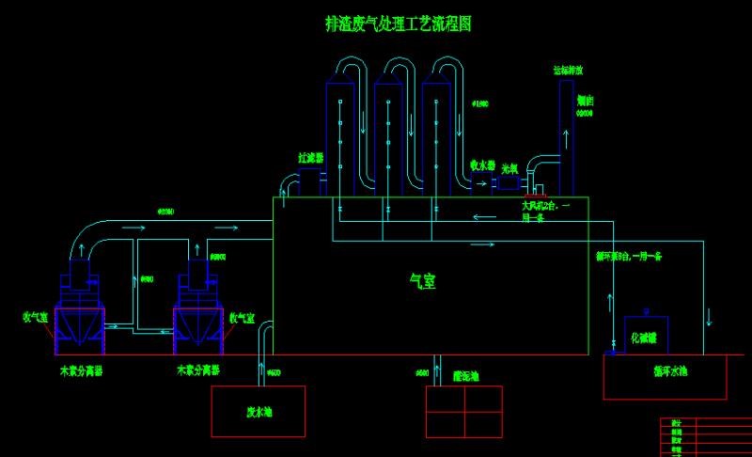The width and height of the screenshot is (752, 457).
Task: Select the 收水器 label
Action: (483, 165)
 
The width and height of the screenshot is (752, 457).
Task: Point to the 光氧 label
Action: (510, 168)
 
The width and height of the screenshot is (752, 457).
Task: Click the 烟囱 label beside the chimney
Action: (585, 99)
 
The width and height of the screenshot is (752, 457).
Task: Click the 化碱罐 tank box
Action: (646, 336)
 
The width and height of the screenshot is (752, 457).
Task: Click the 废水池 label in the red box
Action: (258, 412)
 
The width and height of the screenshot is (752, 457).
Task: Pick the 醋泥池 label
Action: (465, 375)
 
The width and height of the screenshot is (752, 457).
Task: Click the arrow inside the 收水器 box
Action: (482, 184)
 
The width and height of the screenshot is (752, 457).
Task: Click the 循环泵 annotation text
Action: (629, 255)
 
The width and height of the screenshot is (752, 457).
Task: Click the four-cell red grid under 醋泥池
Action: (464, 411)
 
